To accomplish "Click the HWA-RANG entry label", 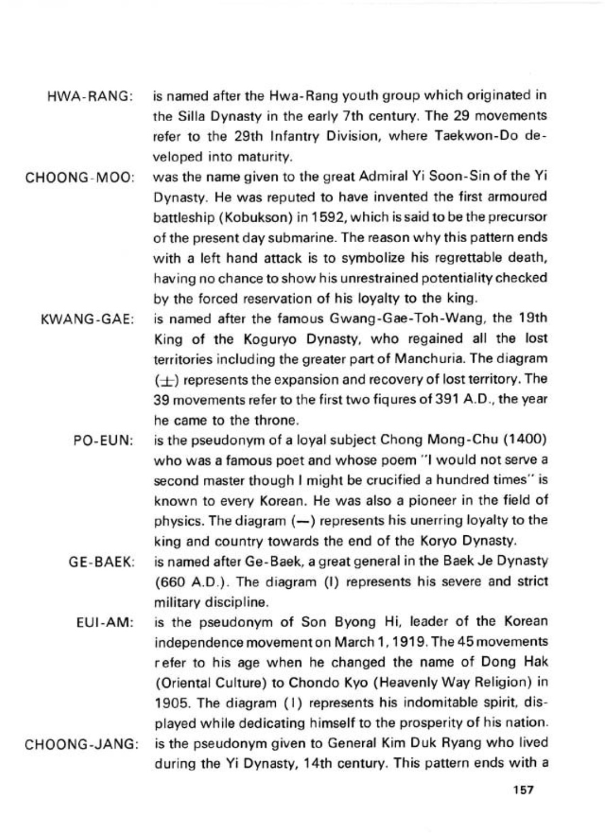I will pos(90,97).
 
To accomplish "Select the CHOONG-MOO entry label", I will pos(80,178).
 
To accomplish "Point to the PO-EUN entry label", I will pos(103,441).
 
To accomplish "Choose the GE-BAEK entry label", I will pos(102,562).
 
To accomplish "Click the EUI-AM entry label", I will pos(105,622).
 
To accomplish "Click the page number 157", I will pos(523,790).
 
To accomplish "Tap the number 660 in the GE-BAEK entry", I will pos(171,582).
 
